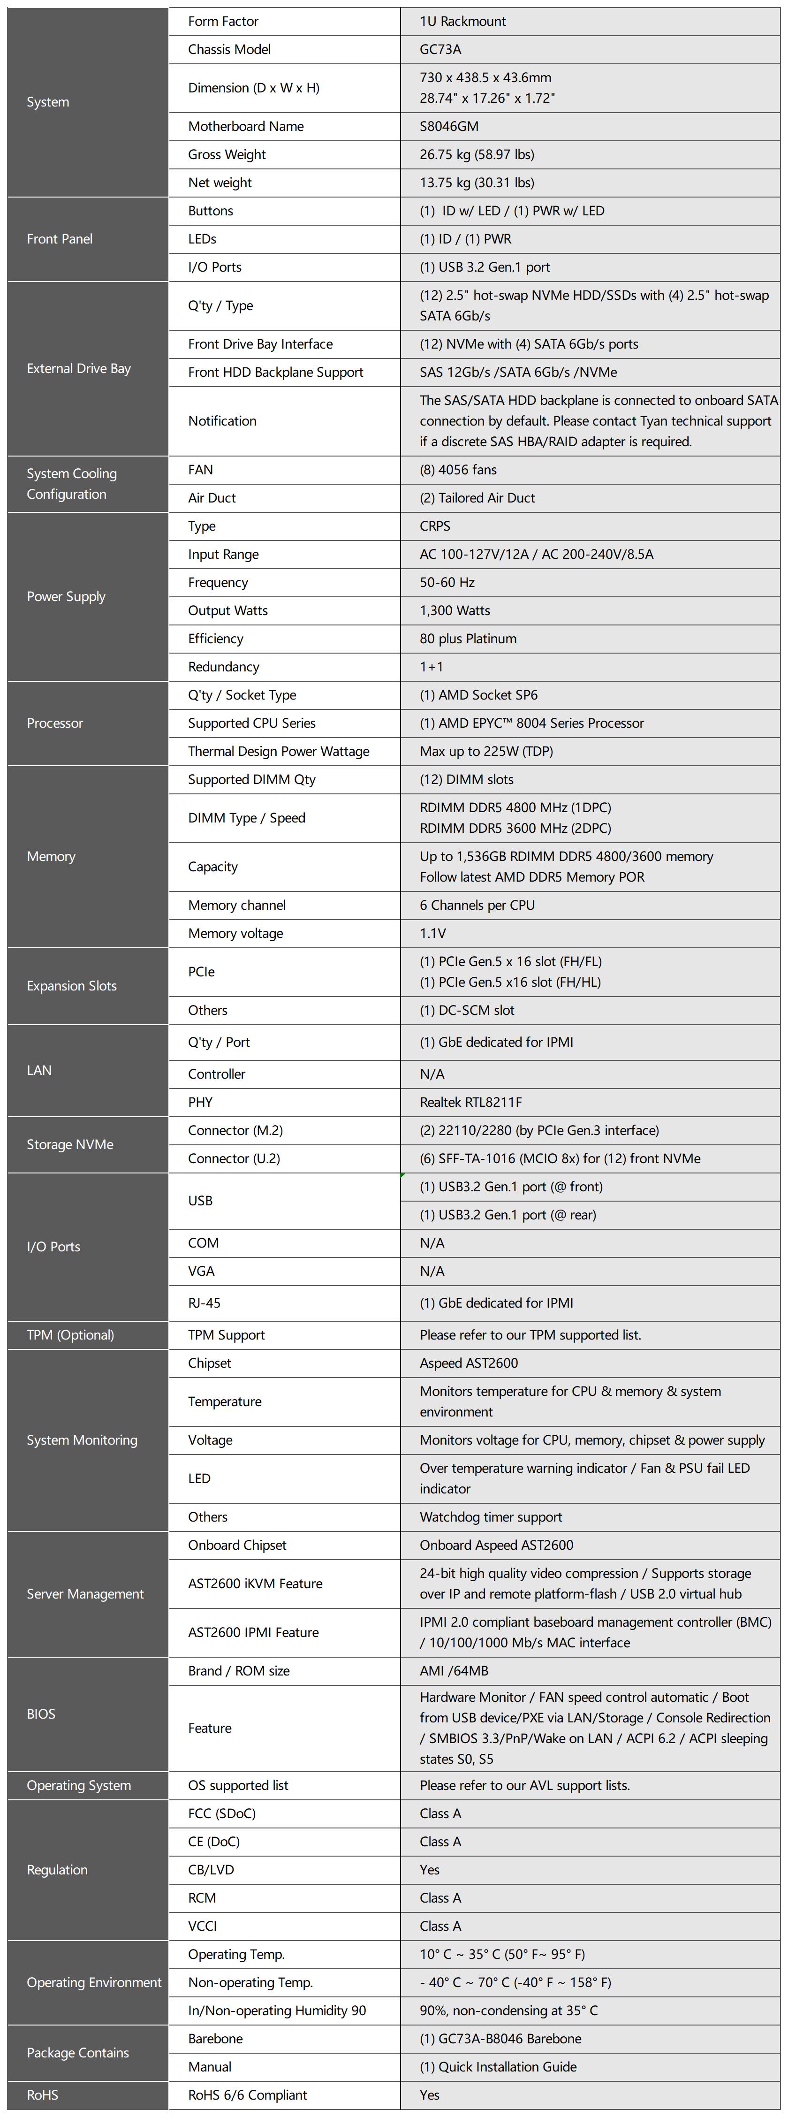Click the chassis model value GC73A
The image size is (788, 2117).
pos(440,49)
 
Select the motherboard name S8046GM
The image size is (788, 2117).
pos(448,126)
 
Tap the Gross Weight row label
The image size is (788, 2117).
pos(227,154)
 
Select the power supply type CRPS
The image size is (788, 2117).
pos(435,526)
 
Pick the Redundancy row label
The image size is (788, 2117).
pos(223,667)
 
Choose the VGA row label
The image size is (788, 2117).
pos(201,1272)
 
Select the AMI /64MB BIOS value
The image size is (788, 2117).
pos(455,1671)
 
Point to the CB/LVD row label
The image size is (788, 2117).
pos(211,1870)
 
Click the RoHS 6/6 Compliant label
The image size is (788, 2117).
pos(247,2095)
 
